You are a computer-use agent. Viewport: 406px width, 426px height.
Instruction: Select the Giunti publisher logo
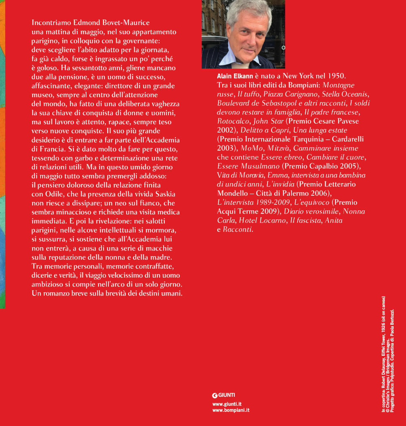point(224,396)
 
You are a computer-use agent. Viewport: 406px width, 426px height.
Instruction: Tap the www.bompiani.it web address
point(231,410)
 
